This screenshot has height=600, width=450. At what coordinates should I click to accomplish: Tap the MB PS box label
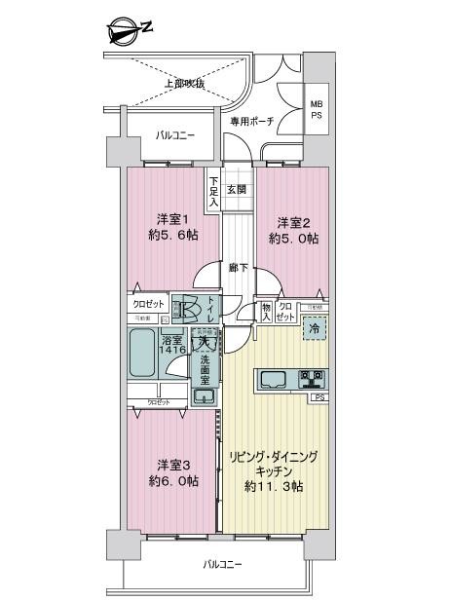coord(317,108)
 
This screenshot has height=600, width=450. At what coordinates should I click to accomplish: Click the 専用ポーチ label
coord(250,122)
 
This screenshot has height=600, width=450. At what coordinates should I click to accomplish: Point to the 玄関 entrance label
coord(237,189)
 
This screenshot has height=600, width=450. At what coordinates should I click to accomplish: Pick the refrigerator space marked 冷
coord(314,329)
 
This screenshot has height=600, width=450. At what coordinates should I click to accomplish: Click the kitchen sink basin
coord(272,378)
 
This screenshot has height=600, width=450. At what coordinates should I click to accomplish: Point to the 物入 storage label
coord(265,310)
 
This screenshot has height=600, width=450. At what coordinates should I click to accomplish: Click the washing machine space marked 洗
coord(205,342)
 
